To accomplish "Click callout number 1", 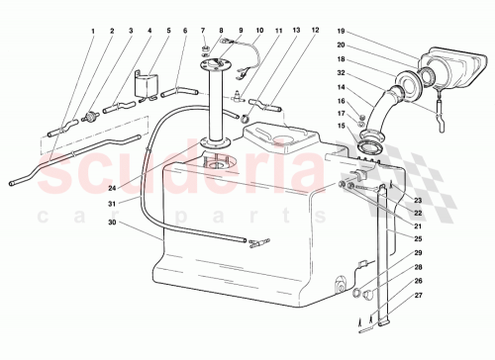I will click(94, 32).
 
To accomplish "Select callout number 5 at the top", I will click(169, 32).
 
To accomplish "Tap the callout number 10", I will click(259, 32).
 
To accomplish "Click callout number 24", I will click(113, 188).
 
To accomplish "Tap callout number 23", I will click(418, 201).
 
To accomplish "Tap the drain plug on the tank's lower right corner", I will click(342, 287).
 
